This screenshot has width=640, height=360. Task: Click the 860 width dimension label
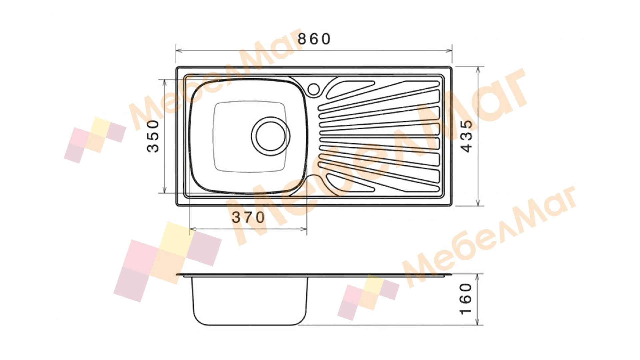pos(314,39)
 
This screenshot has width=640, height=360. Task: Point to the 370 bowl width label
pos(248,218)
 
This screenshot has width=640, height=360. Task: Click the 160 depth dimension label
pos(466,299)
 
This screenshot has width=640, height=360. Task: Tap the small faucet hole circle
pos(314,88)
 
